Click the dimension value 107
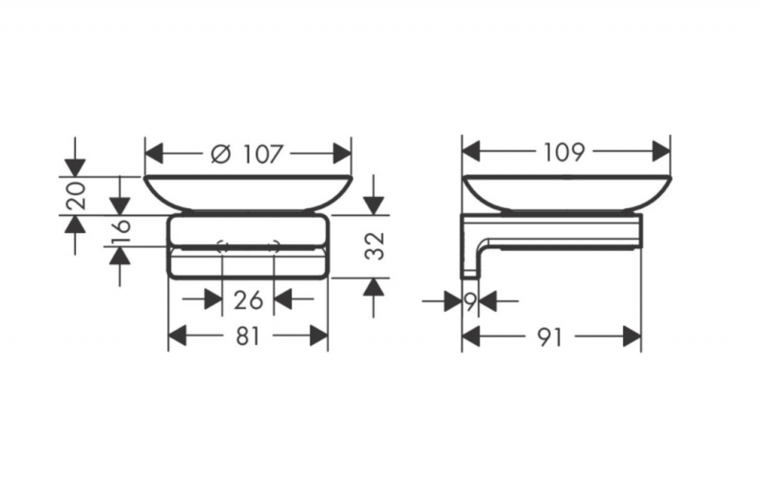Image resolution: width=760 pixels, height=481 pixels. (x=262, y=154)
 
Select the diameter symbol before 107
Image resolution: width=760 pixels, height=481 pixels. (x=220, y=154)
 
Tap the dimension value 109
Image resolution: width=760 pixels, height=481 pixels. (x=564, y=152)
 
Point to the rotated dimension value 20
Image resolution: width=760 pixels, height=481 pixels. (x=77, y=196)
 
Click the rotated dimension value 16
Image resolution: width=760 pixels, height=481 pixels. (x=122, y=232)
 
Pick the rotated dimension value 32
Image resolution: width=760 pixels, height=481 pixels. (x=374, y=246)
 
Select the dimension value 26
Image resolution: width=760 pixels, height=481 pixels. (x=248, y=300)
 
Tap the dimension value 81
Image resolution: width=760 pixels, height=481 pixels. (x=248, y=336)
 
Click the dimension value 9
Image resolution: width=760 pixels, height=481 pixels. (x=469, y=302)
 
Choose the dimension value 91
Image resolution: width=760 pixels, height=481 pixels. (x=550, y=337)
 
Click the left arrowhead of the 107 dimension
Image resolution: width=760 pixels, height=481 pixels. (x=153, y=154)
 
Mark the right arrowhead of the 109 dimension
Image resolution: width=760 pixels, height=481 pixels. (x=661, y=152)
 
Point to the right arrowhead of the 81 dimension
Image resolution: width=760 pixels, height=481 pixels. (x=319, y=336)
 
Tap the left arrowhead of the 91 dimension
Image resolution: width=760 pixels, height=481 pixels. (x=470, y=337)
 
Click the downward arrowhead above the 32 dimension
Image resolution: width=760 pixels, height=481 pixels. (x=373, y=205)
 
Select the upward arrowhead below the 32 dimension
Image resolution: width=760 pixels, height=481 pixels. (x=373, y=287)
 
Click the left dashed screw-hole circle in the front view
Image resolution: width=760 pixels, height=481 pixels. (x=222, y=246)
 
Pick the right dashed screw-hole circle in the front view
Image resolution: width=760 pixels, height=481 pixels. (x=274, y=246)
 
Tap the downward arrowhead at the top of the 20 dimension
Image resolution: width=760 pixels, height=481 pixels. (x=75, y=167)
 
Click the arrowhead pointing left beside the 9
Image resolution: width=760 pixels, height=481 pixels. (x=487, y=302)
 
